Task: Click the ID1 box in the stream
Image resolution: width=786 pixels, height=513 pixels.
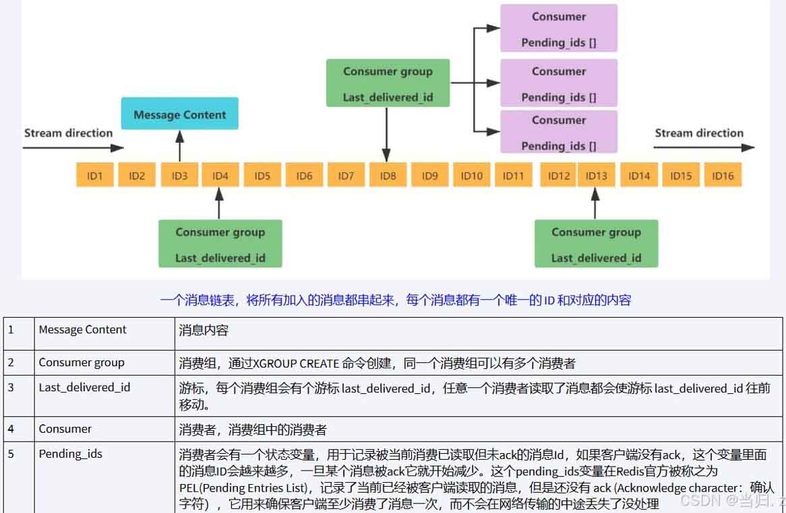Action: [95, 176]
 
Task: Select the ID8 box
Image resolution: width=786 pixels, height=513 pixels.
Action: [388, 176]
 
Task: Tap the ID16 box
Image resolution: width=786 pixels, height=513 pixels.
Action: [723, 176]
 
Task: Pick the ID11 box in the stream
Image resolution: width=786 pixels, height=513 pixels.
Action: [513, 176]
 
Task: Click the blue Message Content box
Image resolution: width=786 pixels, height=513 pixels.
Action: [179, 114]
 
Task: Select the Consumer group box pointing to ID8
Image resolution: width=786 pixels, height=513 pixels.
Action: [388, 83]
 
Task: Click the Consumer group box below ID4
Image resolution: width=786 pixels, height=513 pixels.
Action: [220, 244]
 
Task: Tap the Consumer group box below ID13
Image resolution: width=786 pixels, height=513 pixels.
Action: [596, 244]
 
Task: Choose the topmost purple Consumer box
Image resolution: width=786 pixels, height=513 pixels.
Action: [559, 29]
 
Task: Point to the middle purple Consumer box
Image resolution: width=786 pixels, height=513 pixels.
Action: [559, 83]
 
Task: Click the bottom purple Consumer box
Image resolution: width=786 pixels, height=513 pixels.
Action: [559, 132]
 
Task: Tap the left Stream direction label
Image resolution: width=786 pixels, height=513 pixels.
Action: [68, 133]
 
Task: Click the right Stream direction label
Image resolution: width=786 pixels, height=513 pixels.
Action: [699, 133]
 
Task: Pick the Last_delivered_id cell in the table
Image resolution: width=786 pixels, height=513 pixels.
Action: [84, 388]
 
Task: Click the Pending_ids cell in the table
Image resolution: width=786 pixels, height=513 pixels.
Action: [71, 454]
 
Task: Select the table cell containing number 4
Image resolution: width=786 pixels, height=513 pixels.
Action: [11, 429]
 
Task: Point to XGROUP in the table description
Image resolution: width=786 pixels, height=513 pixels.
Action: [274, 363]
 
